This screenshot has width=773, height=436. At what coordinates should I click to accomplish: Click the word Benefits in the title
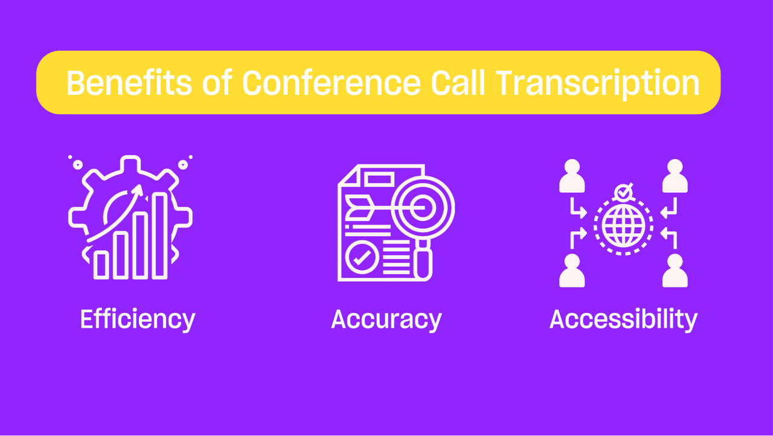[x=129, y=83]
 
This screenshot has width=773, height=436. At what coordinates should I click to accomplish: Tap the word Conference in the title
[x=332, y=83]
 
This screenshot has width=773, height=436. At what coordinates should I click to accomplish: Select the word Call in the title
[x=458, y=83]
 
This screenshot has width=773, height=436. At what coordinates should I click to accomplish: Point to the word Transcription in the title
[x=598, y=85]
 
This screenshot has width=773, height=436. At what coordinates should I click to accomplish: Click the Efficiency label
[x=138, y=320]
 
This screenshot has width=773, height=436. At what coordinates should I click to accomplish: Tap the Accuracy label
[x=386, y=320]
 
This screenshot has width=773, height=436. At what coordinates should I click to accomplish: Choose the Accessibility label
[x=624, y=320]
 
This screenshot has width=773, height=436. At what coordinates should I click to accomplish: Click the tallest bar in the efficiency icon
[x=159, y=236]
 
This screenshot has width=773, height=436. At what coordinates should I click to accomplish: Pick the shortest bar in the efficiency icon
[x=101, y=265]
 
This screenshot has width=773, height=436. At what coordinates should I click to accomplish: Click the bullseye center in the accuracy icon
[x=423, y=208]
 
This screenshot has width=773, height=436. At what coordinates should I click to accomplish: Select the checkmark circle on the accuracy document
[x=362, y=257]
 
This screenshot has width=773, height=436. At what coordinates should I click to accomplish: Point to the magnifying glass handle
[x=423, y=261]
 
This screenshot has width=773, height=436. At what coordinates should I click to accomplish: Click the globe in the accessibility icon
[x=624, y=226]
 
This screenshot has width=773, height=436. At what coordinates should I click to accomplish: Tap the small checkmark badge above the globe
[x=624, y=192]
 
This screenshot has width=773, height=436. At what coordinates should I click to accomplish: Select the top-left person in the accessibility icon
[x=572, y=176]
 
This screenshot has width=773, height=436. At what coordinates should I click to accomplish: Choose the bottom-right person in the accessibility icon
[x=675, y=271]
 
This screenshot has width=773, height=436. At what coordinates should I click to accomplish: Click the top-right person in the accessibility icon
[x=675, y=176]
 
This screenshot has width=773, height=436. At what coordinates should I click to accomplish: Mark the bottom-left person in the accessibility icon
[x=572, y=271]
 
